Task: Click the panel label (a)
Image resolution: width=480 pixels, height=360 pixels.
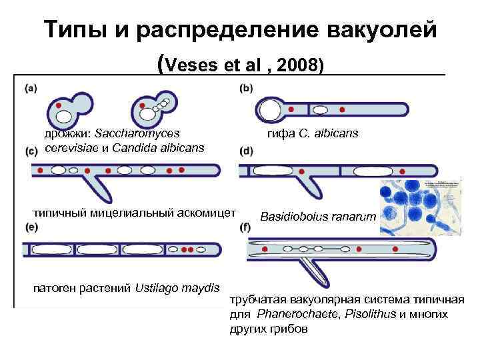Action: (x=31, y=87)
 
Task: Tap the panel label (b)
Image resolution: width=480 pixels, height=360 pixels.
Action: (x=246, y=87)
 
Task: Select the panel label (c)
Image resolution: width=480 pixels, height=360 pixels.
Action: (x=31, y=151)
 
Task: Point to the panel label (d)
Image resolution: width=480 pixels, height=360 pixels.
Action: (x=246, y=151)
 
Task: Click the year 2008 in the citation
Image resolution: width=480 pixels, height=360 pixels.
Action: (x=299, y=65)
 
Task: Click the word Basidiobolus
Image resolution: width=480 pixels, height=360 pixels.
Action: (x=291, y=217)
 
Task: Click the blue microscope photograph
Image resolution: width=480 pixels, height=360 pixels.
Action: (x=421, y=207)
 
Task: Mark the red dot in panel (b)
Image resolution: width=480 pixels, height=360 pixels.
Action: (x=343, y=109)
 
